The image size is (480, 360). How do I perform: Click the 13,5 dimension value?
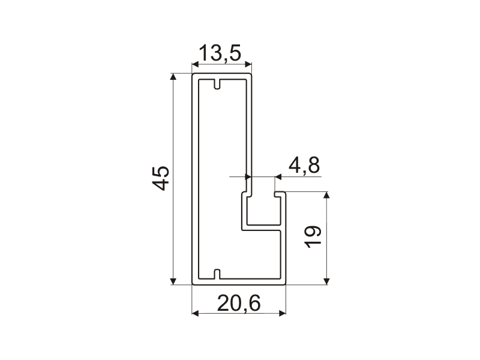220,53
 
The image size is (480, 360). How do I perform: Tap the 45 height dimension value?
161,178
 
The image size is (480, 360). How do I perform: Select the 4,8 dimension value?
304,166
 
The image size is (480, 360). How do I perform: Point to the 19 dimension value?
313,236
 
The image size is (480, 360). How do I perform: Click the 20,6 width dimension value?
239,304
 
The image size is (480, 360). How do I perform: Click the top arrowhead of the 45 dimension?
173,77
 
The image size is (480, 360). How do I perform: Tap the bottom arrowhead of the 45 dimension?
173,281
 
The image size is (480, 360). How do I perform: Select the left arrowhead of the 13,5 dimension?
196,65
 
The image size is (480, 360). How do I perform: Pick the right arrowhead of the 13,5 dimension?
248,65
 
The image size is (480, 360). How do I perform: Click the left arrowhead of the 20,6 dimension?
196,313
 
